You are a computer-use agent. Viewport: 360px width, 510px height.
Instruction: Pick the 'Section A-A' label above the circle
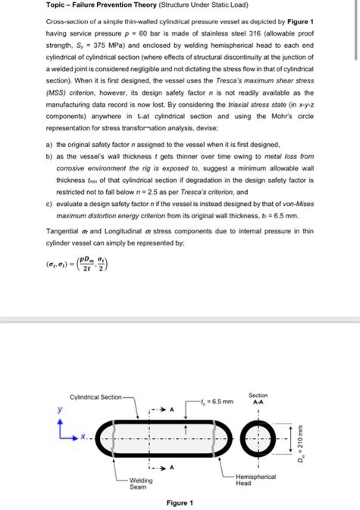pos(258,399)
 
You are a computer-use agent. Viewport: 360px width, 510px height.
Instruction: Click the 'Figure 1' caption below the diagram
pos(180,503)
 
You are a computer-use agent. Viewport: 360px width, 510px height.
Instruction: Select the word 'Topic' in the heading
pos(35,7)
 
